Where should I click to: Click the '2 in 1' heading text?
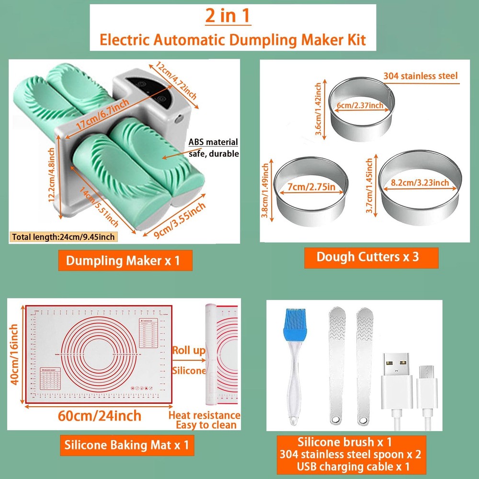point(228,16)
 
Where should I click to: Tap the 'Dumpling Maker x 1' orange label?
point(125,261)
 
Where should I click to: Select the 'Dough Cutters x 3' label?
point(367,257)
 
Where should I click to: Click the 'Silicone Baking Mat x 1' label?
point(126,445)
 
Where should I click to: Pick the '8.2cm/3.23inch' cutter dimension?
point(420,182)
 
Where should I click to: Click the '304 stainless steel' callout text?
point(421,76)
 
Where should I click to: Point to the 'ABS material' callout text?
point(213,142)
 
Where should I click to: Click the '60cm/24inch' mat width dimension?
point(100,415)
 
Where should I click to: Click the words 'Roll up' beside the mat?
point(188,351)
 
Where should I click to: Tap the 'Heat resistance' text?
point(204,415)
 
